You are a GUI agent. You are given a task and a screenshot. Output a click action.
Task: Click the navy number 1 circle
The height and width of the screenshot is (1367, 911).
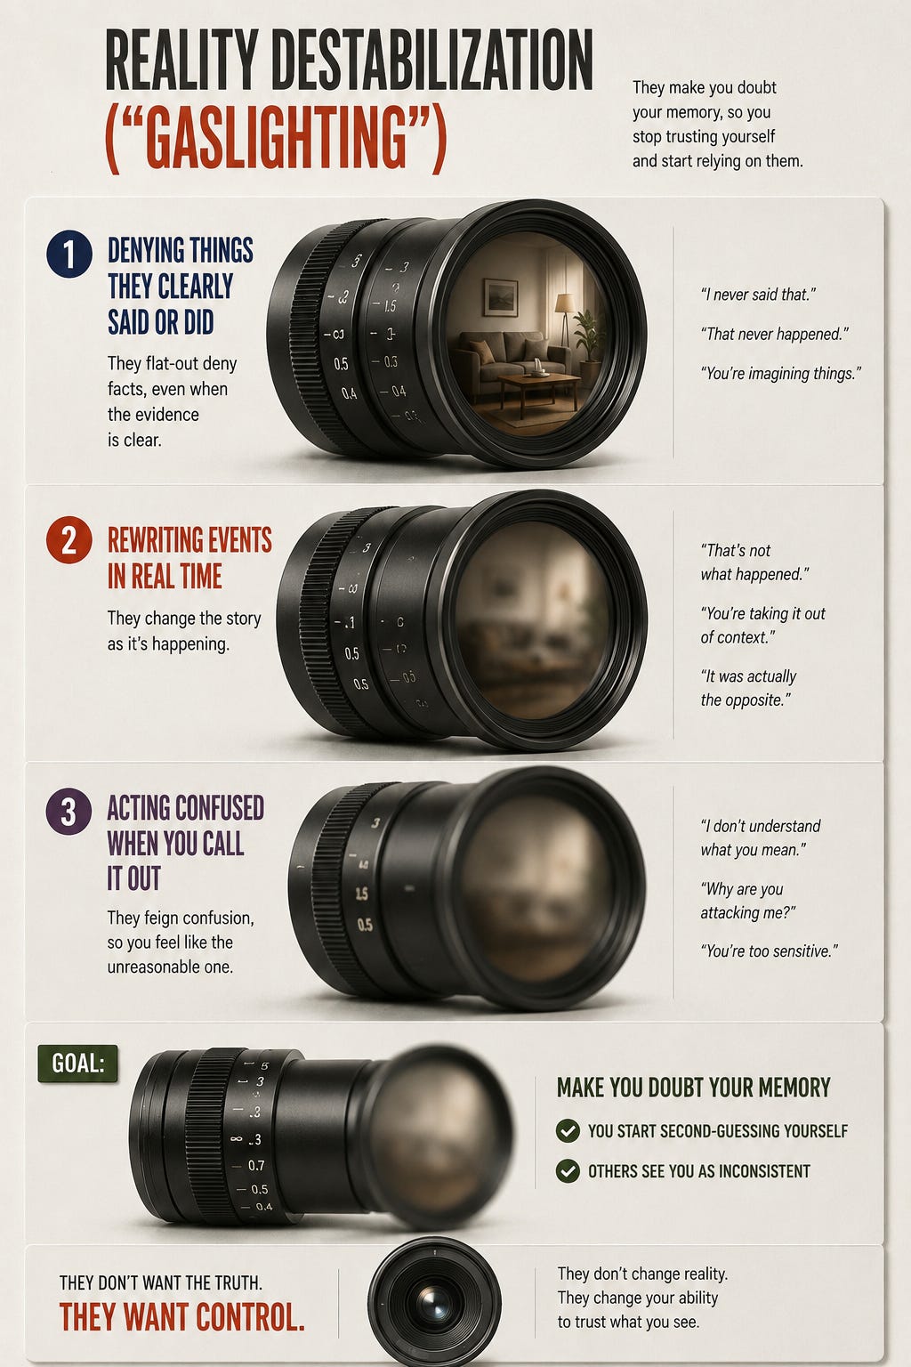pos(69,254)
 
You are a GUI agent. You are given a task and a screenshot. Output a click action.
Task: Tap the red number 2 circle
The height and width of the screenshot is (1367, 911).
pos(69,540)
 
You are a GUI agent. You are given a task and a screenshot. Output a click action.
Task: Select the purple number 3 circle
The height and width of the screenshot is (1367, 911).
pos(69,812)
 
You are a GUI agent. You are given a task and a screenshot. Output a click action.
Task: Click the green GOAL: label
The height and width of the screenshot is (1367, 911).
pos(77,1064)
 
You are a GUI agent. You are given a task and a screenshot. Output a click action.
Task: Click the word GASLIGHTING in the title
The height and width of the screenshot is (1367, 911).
pos(276,140)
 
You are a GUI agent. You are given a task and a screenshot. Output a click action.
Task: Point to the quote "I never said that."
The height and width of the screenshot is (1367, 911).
pos(758,295)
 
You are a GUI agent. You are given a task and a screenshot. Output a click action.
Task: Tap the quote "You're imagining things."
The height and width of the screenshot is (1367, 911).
pos(781,374)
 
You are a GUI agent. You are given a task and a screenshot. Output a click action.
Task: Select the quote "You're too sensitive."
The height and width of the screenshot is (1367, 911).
pos(770,950)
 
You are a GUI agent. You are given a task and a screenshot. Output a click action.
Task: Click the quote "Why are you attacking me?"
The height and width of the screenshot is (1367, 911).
pos(748,901)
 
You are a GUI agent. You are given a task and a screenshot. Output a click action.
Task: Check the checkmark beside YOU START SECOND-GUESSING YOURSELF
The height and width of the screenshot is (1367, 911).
pos(568,1131)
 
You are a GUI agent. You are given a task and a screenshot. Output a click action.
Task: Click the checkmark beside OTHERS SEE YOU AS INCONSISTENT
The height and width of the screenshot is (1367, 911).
pos(568,1171)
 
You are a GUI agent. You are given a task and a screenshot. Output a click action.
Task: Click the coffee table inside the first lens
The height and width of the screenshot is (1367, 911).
pos(538,391)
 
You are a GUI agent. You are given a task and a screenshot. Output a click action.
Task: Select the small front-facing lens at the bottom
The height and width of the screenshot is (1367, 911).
pos(434,1303)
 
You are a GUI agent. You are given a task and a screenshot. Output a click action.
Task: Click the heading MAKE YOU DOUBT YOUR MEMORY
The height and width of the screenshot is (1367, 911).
pos(694,1088)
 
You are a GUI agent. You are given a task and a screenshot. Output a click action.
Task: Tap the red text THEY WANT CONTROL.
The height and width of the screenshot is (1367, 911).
pos(181,1316)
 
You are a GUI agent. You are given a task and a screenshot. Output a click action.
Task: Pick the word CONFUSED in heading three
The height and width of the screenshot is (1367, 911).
pos(221,808)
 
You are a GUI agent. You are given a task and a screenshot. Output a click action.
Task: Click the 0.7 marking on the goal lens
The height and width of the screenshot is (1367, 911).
pos(256,1165)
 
